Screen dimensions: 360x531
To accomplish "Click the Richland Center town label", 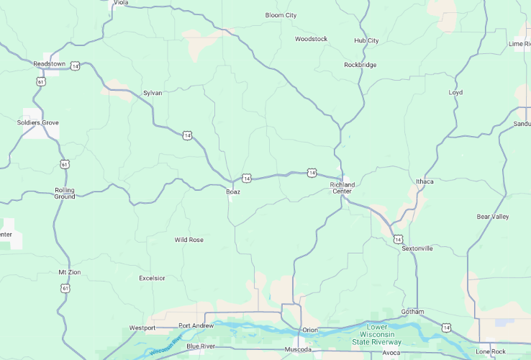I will click(x=342, y=188).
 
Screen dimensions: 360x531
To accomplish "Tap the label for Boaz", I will click(x=233, y=192).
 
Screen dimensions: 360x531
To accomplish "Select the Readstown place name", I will click(x=49, y=64).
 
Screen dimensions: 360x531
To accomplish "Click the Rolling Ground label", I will click(x=65, y=194).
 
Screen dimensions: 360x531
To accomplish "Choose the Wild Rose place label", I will click(x=189, y=240).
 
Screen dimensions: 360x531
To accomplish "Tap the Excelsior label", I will click(x=152, y=278).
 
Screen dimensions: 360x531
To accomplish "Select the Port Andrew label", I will click(x=196, y=325).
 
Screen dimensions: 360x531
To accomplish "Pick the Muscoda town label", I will click(x=298, y=350).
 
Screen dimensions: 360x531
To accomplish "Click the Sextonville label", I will click(x=417, y=248).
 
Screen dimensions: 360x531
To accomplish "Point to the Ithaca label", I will click(x=425, y=181).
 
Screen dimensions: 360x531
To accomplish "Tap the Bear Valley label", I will click(x=493, y=217).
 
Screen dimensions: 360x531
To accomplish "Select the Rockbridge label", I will click(x=360, y=65).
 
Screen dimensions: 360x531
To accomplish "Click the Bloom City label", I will click(x=281, y=15).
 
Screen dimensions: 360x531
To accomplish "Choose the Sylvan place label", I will click(x=153, y=93).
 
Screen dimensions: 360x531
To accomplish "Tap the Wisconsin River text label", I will click(x=166, y=346).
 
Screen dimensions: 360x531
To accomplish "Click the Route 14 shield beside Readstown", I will click(x=76, y=66).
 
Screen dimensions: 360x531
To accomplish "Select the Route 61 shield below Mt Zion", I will click(x=65, y=288).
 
